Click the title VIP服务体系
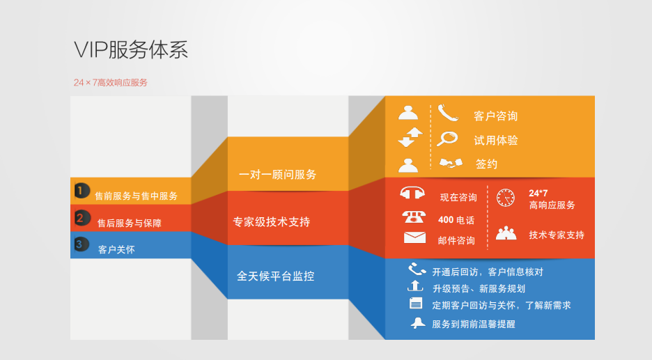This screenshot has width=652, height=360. coord(131,50)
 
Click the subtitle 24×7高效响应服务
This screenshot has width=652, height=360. coord(111,83)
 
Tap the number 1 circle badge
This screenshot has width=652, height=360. coord(81,191)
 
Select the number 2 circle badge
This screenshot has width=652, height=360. coord(82,218)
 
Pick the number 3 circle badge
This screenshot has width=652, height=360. coord(81,244)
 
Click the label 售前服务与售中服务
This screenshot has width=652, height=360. coord(136,196)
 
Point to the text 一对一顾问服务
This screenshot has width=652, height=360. coord(277,175)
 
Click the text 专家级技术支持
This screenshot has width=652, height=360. coord(272,222)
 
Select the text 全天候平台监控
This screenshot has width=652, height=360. coord(275,276)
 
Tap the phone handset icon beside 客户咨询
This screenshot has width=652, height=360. coord(448,113)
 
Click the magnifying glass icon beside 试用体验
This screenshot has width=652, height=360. coord(447,139)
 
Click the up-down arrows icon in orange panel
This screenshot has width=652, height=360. coord(410,137)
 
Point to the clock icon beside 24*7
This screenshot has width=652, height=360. coord(506,198)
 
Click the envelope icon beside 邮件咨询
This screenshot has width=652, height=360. coord(414,237)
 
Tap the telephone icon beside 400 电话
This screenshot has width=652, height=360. coord(414,217)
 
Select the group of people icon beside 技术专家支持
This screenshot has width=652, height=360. coord(506,233)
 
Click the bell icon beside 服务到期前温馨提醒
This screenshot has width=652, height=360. coord(418,323)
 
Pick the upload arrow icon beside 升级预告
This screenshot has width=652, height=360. coord(415,286)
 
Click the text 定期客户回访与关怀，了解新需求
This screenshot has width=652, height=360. coord(502,306)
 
